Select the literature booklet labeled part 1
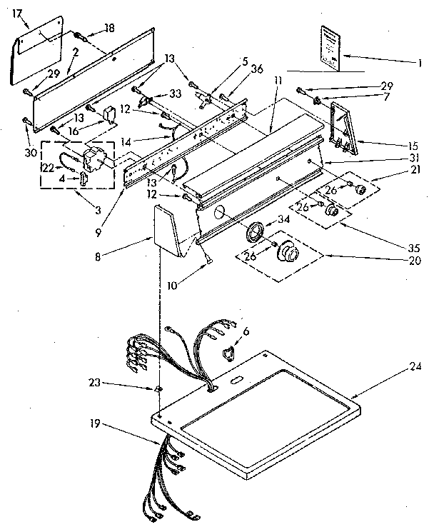pyautogui.click(x=328, y=46)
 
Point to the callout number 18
pyautogui.click(x=109, y=27)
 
